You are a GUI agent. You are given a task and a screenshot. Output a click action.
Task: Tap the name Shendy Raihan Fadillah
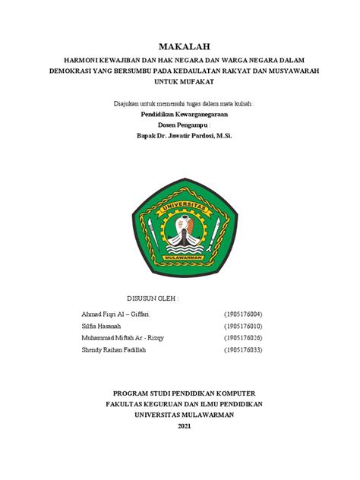(114, 350)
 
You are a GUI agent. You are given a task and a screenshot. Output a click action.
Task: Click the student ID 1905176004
(243, 313)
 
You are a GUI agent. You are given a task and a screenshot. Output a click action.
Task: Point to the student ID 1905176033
(243, 350)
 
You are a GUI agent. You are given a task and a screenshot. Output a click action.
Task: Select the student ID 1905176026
(243, 338)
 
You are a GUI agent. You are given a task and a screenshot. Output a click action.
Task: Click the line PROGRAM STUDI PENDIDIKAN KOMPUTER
(184, 393)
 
